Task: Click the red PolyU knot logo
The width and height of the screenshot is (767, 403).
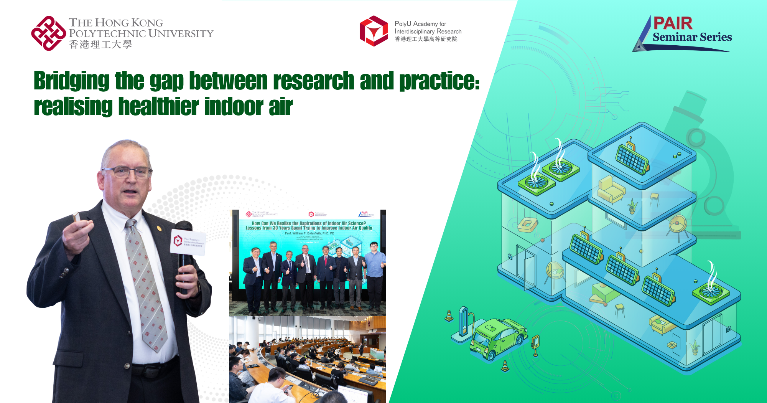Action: click(48, 33)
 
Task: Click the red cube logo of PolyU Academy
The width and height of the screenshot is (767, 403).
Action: click(374, 31)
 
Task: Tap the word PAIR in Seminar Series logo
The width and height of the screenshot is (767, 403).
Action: click(673, 23)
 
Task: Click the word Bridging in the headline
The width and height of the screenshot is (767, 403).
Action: click(72, 81)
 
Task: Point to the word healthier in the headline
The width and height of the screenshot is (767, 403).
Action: click(158, 107)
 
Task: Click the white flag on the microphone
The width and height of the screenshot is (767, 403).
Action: click(188, 242)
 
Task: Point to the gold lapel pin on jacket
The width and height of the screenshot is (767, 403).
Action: click(159, 229)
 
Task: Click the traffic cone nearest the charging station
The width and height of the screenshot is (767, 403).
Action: click(449, 315)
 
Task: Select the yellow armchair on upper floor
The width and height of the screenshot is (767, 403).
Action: click(611, 189)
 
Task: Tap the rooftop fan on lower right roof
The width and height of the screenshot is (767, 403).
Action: click(711, 292)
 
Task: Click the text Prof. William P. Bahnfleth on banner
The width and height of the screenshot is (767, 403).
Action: click(309, 233)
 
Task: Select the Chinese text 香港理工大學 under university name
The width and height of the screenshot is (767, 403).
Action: click(100, 45)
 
